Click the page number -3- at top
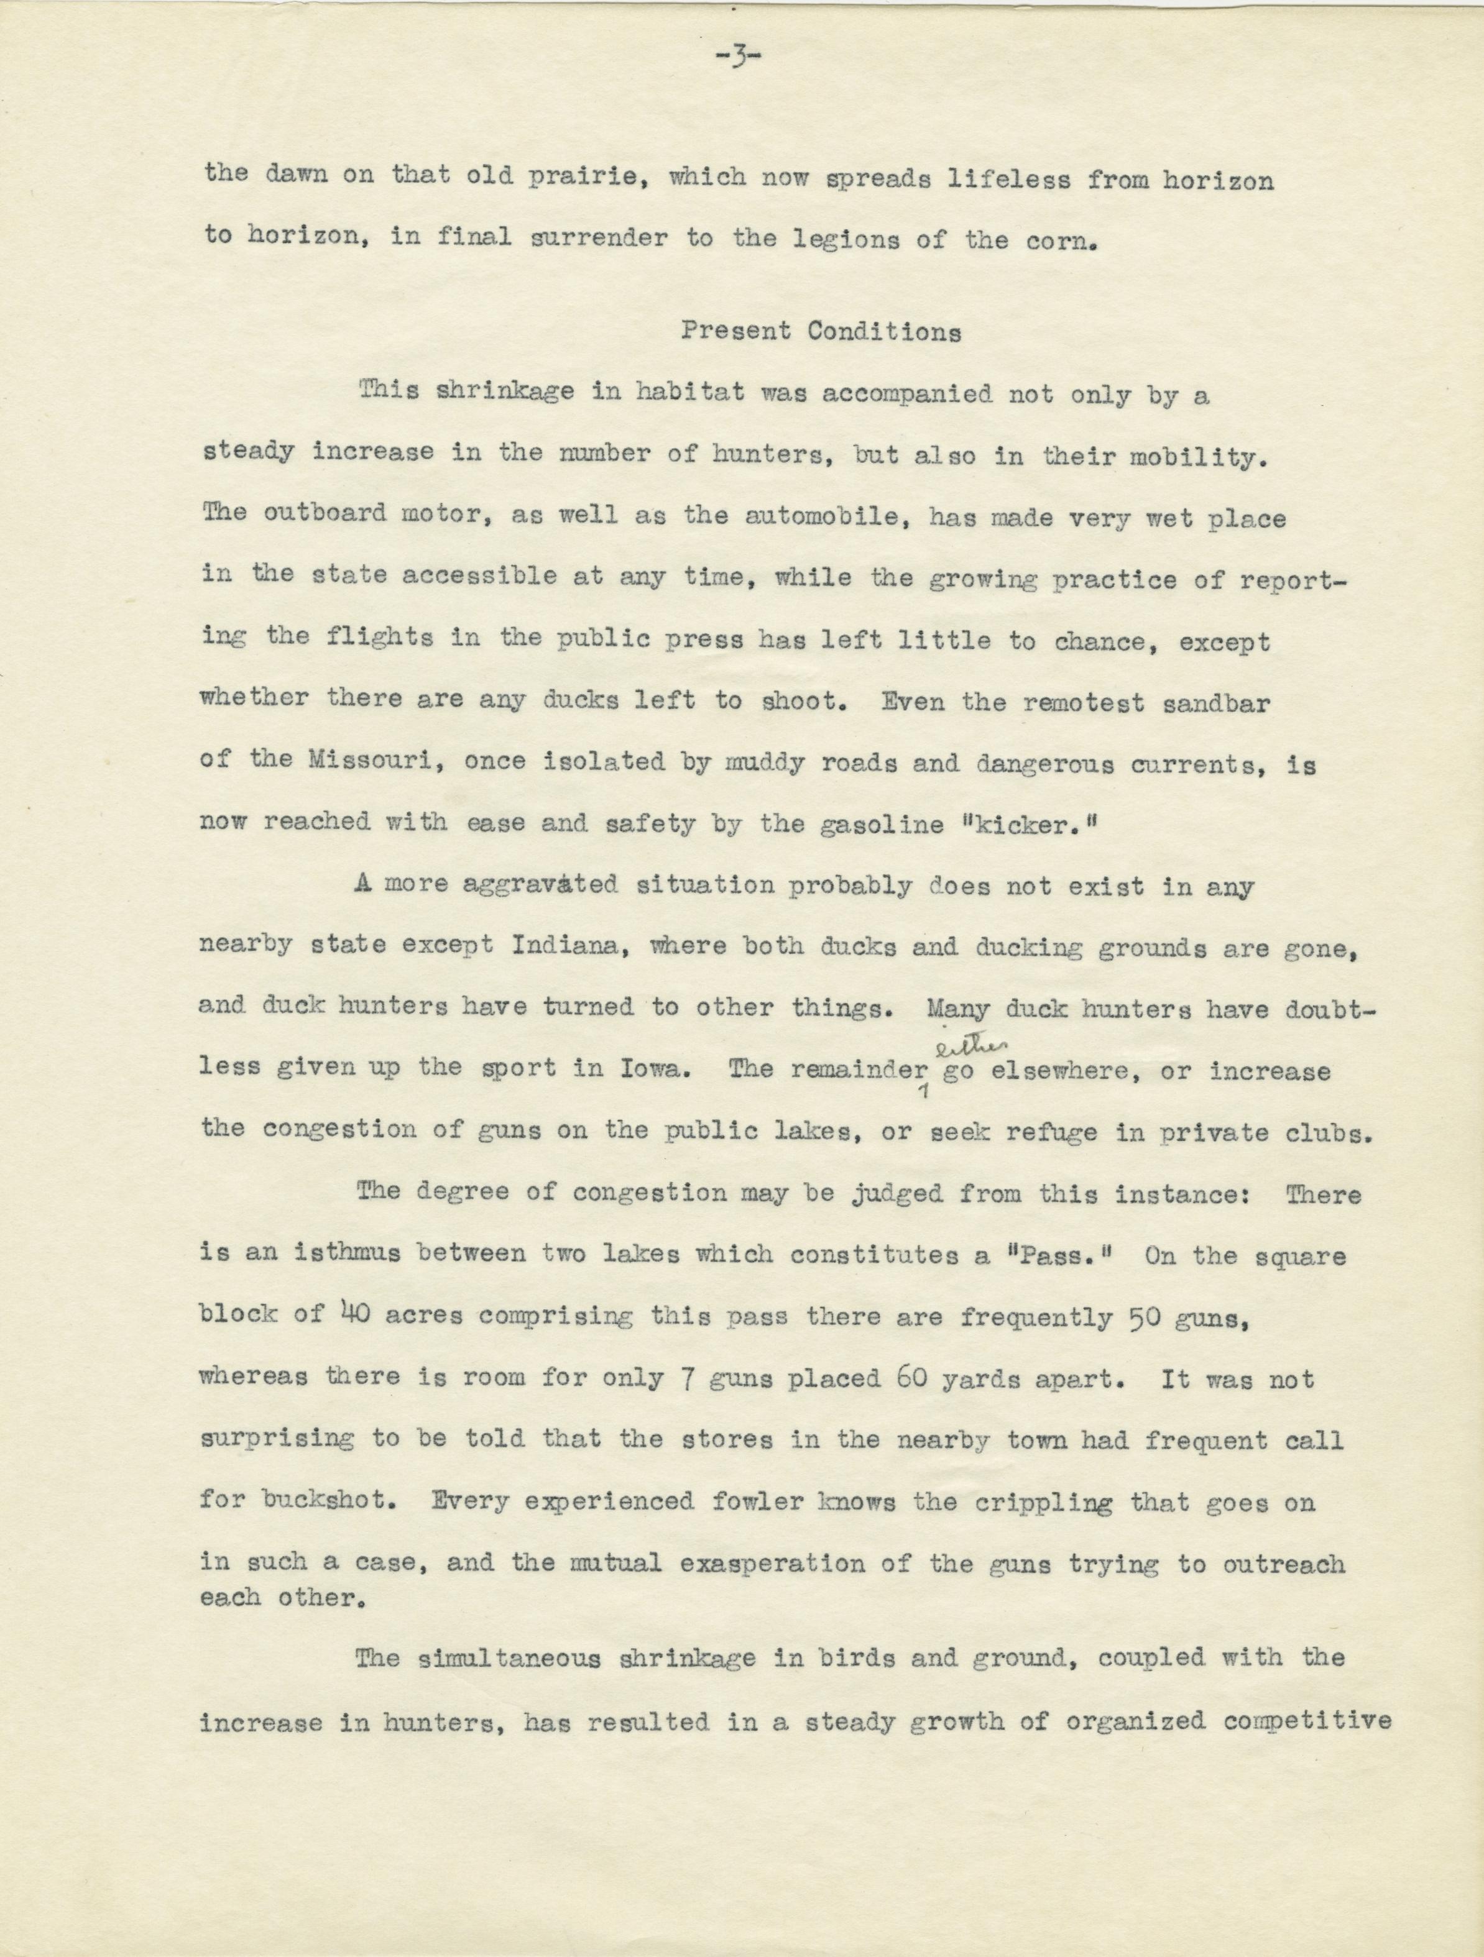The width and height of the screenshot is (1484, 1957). [742, 58]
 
